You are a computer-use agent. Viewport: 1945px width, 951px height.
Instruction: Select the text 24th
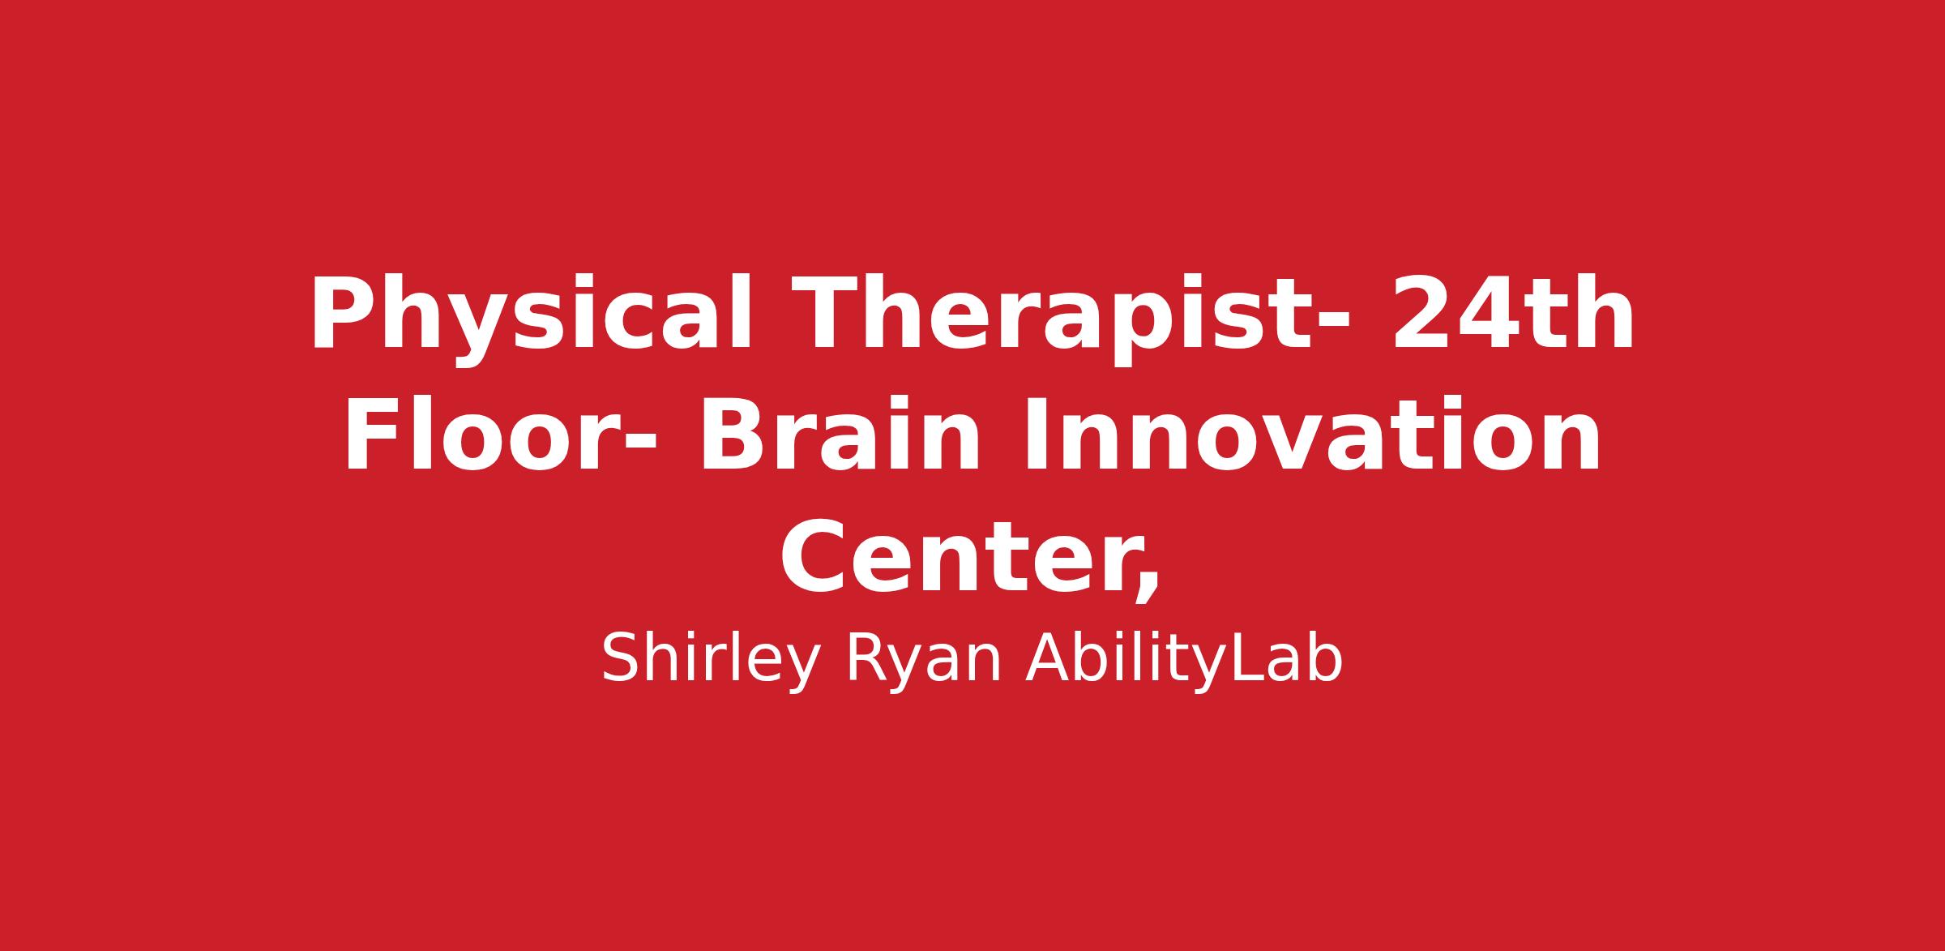click(x=1512, y=313)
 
